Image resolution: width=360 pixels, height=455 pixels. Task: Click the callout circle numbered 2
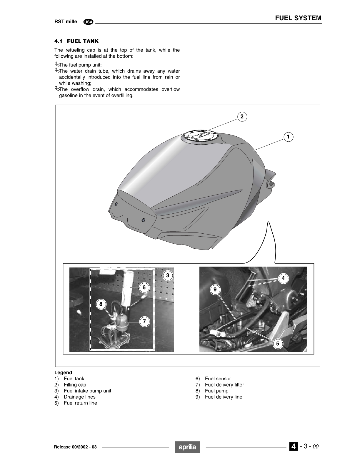(x=242, y=117)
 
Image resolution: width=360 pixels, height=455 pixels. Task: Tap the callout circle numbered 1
(x=288, y=137)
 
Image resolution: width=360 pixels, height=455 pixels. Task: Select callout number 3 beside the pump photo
(x=167, y=275)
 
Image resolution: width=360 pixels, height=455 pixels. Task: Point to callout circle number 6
(x=144, y=287)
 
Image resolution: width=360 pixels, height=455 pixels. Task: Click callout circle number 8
(x=101, y=304)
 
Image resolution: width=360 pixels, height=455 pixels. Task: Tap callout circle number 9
(x=215, y=290)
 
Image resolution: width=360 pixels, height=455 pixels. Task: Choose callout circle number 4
(x=283, y=278)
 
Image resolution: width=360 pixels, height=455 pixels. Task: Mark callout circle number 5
(x=277, y=343)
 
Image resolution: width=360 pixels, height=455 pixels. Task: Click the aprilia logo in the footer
(x=187, y=447)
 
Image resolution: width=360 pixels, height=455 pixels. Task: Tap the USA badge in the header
(x=88, y=22)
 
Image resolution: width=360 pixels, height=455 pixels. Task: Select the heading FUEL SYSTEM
(x=298, y=18)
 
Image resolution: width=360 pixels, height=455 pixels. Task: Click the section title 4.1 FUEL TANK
(x=76, y=41)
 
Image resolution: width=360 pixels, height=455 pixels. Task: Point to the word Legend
(x=63, y=372)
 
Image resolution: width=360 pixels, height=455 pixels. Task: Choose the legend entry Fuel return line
(x=80, y=403)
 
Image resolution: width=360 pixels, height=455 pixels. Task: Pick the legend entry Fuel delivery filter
(x=224, y=385)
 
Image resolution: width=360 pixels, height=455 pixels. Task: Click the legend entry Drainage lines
(x=79, y=397)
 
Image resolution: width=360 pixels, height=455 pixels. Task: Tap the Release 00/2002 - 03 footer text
(x=75, y=447)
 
